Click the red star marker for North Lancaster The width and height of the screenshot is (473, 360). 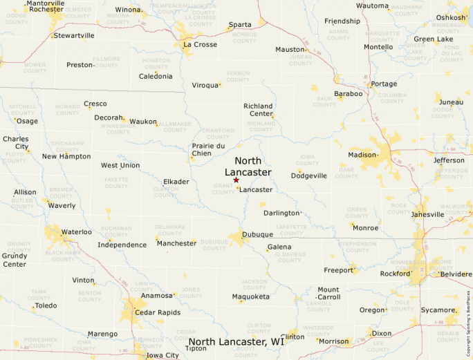(236, 180)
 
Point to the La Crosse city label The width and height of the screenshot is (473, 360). (200, 45)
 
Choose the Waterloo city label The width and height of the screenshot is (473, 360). (77, 232)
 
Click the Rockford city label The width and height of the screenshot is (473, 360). (395, 274)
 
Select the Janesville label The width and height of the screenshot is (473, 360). (427, 214)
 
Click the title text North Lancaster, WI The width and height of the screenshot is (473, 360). (236, 342)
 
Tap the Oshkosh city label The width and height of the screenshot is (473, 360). (451, 18)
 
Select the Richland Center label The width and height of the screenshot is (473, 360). (258, 110)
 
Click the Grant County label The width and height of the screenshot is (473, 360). (223, 189)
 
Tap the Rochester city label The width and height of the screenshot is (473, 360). (46, 10)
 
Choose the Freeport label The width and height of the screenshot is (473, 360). (339, 270)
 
